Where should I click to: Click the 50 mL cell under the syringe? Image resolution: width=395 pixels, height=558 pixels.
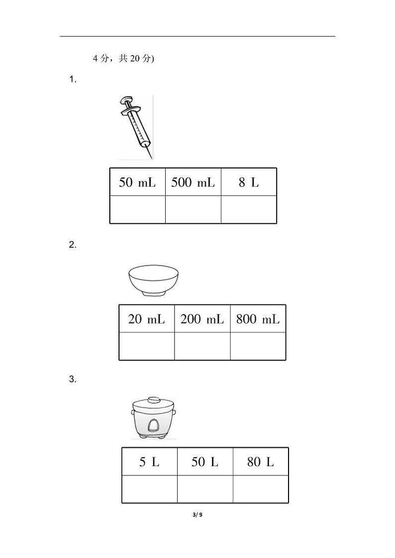tap(137, 182)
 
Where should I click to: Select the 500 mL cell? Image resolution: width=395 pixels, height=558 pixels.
tap(193, 182)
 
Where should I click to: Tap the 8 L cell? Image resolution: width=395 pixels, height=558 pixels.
tap(249, 182)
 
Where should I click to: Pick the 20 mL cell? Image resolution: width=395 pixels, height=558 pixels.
tap(147, 319)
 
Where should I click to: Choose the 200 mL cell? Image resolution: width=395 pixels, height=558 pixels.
tap(202, 319)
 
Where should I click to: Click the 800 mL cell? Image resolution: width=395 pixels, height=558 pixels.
tap(258, 319)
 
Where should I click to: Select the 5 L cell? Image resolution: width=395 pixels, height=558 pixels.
tap(149, 462)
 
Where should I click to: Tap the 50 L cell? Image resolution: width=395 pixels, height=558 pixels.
tap(205, 462)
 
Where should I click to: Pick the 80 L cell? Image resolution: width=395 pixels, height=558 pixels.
tap(261, 462)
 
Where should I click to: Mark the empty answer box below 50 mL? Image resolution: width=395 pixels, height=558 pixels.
tap(137, 209)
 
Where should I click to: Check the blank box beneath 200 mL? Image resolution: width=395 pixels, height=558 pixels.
tap(202, 346)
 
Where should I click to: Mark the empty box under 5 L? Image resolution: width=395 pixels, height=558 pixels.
tap(149, 489)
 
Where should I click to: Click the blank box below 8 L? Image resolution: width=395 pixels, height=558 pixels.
tap(249, 209)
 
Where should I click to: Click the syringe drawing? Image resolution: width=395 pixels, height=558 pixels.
tap(136, 127)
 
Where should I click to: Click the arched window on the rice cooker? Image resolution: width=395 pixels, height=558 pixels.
tap(153, 425)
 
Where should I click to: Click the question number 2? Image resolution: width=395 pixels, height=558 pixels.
tap(73, 245)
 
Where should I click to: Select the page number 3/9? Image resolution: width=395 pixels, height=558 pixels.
tap(197, 515)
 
